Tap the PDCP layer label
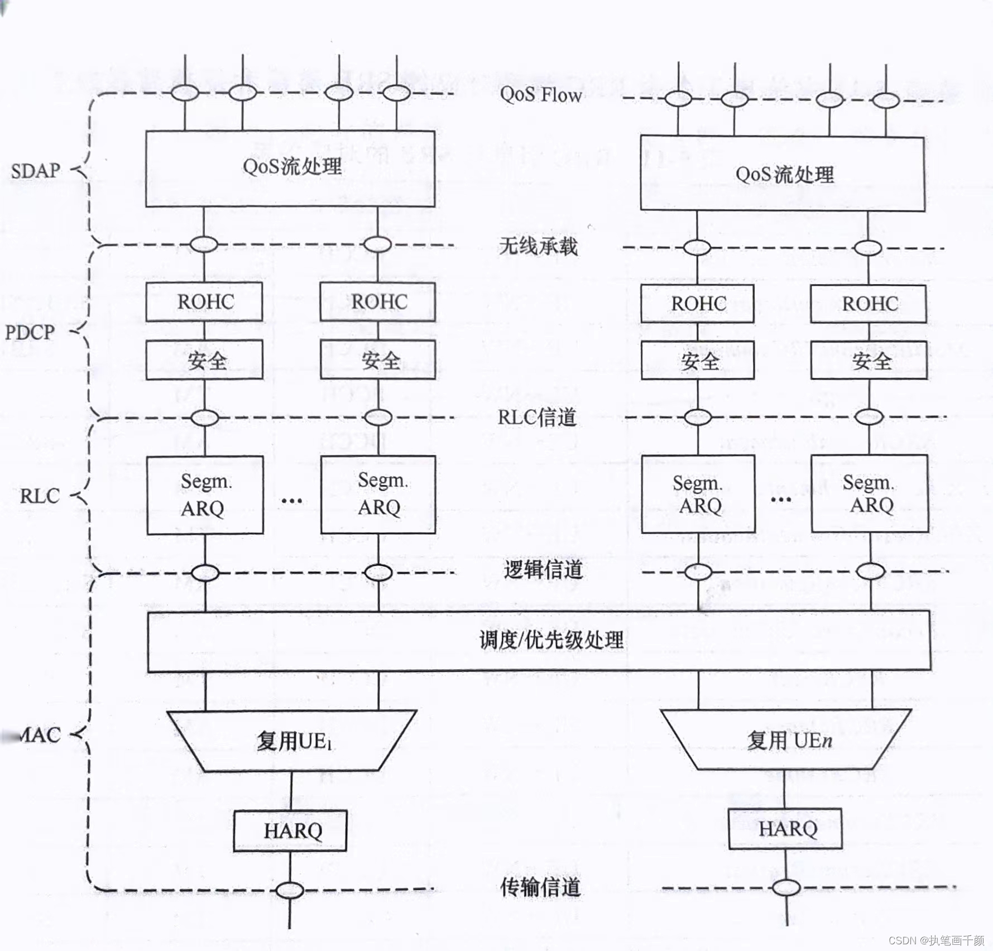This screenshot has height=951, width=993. point(30,333)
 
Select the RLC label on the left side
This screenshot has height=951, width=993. point(40,496)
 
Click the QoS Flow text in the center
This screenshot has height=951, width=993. point(540,95)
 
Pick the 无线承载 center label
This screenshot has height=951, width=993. point(538,246)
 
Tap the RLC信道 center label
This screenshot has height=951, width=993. point(537,417)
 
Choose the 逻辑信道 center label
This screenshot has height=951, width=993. point(543,570)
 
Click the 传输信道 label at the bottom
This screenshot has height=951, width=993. point(540,887)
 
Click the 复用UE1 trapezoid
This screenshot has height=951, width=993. point(292,741)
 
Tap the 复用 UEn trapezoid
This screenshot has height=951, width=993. point(786,740)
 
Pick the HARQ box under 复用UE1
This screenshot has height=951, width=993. point(290,830)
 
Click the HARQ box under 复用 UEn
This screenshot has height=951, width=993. point(785,828)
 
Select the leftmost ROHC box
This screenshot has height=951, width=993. point(204,302)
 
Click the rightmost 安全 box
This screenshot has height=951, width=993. point(869,361)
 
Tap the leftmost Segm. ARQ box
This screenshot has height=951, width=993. point(205,495)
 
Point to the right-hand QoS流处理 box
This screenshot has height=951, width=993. point(783,174)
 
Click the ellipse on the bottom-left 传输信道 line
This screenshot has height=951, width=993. point(290,890)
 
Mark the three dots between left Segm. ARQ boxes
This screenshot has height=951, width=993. point(291,501)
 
